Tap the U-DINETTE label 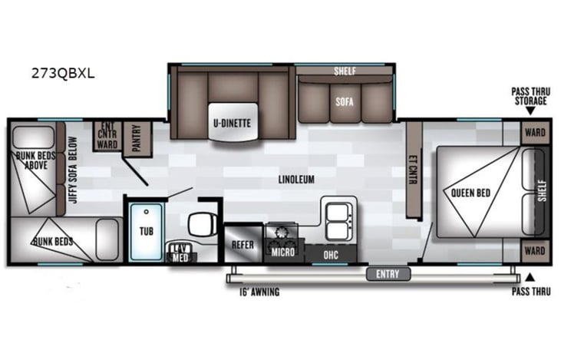click(233, 123)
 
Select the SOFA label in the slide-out click(343, 101)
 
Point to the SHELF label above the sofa click(344, 71)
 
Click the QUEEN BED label click(471, 192)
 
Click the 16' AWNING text click(253, 292)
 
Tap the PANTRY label click(137, 138)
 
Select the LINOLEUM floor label click(297, 180)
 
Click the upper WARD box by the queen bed click(535, 132)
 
